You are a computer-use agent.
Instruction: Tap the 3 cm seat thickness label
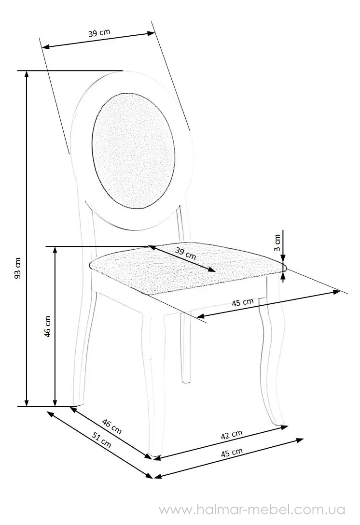click(277, 243)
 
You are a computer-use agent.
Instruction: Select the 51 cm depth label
click(101, 440)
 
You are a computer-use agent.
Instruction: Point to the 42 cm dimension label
click(232, 434)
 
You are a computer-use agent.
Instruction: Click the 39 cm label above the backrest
click(99, 33)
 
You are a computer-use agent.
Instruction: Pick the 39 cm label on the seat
click(185, 253)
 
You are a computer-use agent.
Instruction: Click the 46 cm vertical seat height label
click(47, 326)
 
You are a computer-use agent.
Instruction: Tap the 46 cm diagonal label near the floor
click(112, 426)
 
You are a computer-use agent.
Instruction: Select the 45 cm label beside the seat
click(243, 302)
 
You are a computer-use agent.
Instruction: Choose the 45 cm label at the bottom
click(232, 453)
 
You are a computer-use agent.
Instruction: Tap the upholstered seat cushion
click(187, 266)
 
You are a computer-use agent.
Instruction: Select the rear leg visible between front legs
click(185, 348)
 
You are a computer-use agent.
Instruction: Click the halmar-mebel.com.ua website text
click(251, 510)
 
